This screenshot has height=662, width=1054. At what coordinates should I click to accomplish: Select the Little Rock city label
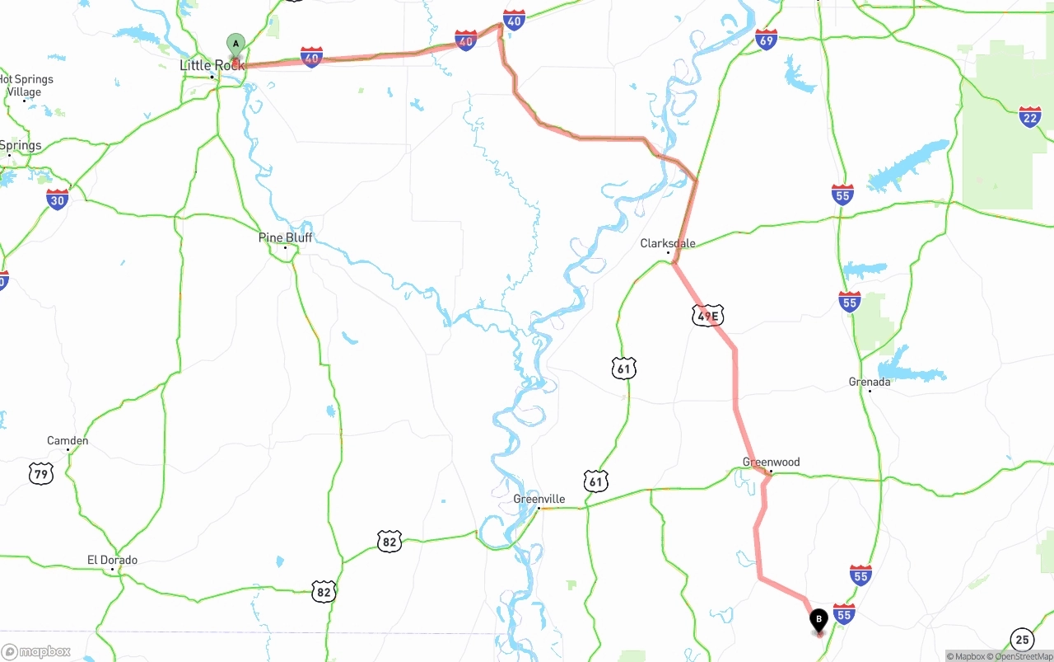pyautogui.click(x=212, y=65)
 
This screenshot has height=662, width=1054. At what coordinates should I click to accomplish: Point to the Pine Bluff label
pyautogui.click(x=285, y=237)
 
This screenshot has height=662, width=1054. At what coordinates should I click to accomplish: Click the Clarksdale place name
pyautogui.click(x=668, y=243)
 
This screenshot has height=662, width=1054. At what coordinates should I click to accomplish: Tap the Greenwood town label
pyautogui.click(x=771, y=462)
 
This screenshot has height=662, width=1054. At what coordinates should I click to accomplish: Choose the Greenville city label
pyautogui.click(x=539, y=499)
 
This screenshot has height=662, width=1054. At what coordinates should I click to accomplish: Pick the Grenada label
pyautogui.click(x=870, y=382)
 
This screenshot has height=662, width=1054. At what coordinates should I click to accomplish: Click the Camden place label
pyautogui.click(x=68, y=441)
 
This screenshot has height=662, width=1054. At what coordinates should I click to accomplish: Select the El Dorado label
pyautogui.click(x=112, y=560)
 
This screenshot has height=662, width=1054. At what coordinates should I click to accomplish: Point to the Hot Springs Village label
pyautogui.click(x=26, y=86)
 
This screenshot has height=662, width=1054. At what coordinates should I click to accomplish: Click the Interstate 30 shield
pyautogui.click(x=57, y=199)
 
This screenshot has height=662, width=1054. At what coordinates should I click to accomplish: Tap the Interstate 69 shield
pyautogui.click(x=766, y=39)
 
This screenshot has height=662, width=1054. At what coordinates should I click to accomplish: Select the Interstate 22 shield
pyautogui.click(x=1029, y=117)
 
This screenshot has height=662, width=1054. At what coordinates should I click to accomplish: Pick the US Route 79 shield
pyautogui.click(x=40, y=473)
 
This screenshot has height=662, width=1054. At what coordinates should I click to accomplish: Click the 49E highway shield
pyautogui.click(x=707, y=315)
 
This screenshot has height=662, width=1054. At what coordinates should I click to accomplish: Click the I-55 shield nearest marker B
pyautogui.click(x=843, y=613)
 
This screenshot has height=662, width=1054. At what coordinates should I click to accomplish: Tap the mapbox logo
pyautogui.click(x=36, y=651)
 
